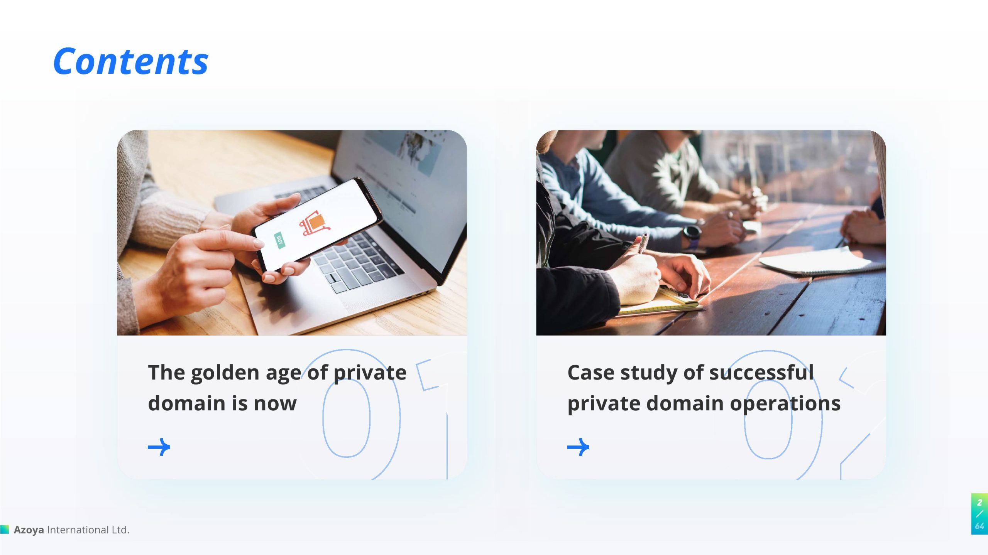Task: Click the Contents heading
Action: click(x=131, y=61)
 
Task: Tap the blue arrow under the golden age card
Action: click(x=159, y=447)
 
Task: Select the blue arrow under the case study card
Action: click(x=578, y=447)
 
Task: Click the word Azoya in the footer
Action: click(x=29, y=530)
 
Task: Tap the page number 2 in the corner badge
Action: click(x=980, y=503)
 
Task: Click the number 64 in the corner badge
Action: click(x=980, y=526)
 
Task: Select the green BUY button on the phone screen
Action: click(x=279, y=241)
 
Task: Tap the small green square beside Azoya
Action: click(x=5, y=529)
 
